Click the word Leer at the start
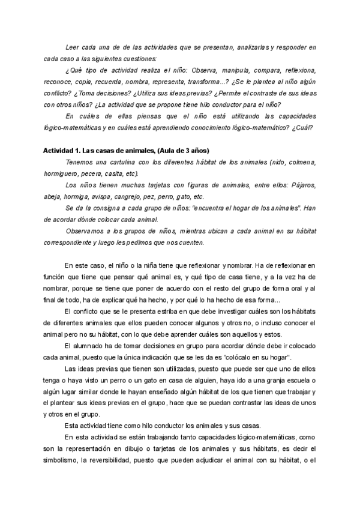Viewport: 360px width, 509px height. tap(71, 47)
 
